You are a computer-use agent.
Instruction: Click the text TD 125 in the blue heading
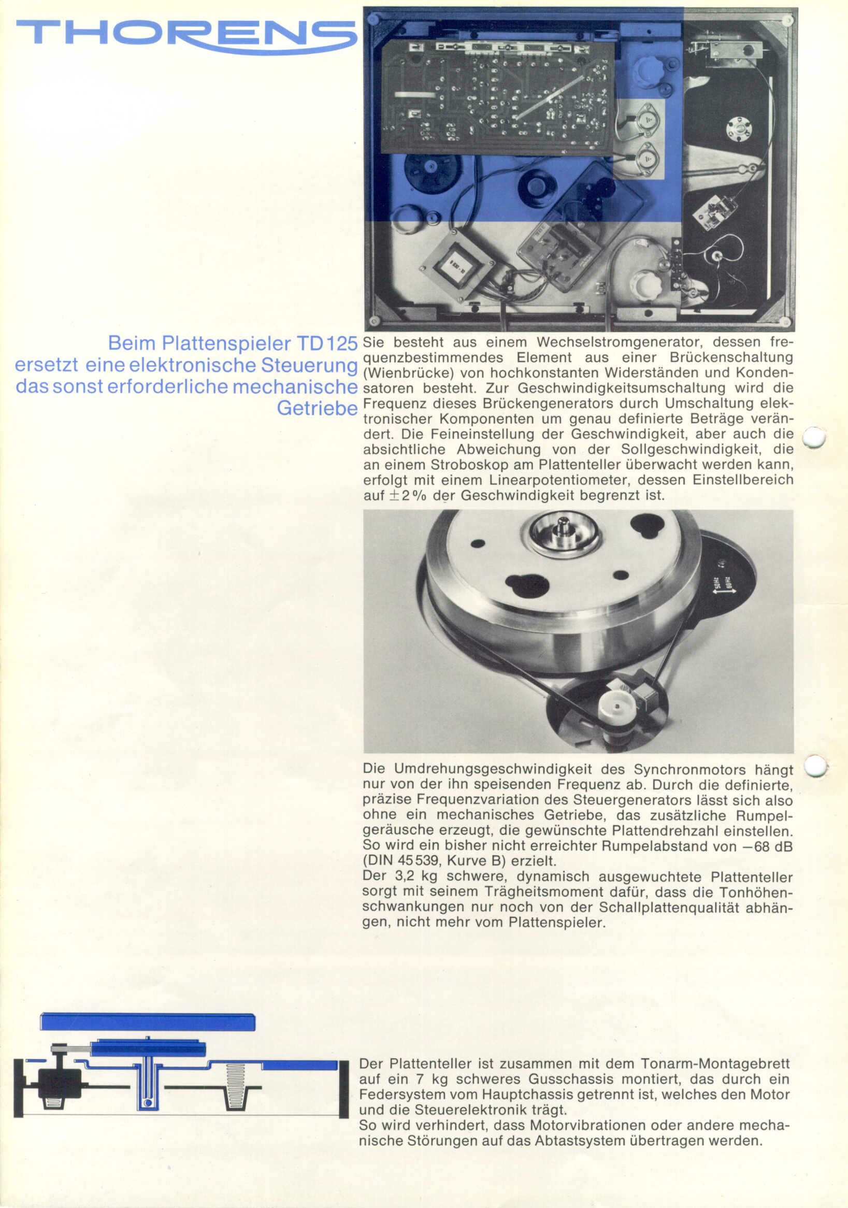pyautogui.click(x=327, y=343)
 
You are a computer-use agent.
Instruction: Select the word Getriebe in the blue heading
pyautogui.click(x=317, y=408)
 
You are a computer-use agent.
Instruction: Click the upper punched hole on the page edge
pyautogui.click(x=814, y=437)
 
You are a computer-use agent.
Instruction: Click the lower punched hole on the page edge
pyautogui.click(x=816, y=766)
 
